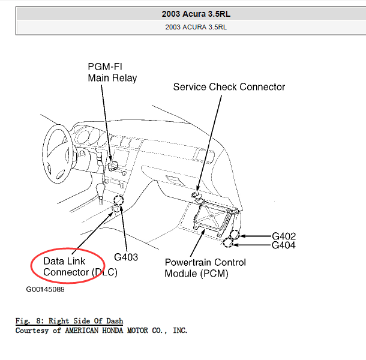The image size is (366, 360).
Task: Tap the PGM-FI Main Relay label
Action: pos(112,73)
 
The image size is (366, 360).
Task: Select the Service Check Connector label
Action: pos(229,87)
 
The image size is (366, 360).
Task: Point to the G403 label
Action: pos(126,257)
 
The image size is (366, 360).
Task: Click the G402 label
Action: pos(284,236)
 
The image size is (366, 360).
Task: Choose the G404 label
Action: pos(284,245)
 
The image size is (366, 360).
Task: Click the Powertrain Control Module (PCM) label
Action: pos(205,268)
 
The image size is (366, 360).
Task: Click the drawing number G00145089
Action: pos(45,289)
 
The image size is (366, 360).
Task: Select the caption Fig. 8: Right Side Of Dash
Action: pos(69,321)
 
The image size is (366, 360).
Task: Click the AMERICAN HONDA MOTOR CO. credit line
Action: pos(101,330)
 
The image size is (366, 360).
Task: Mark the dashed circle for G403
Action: pos(119,200)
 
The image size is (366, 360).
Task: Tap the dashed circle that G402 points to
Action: pos(235,235)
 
